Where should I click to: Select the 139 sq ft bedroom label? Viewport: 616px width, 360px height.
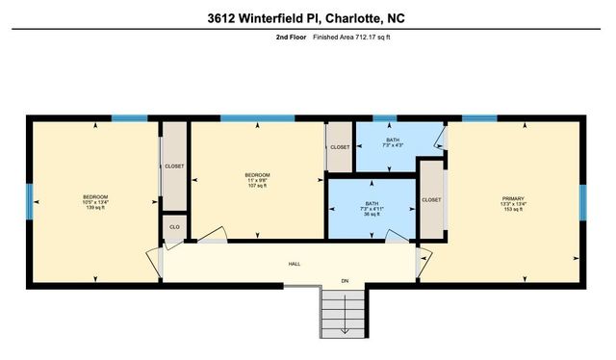95,202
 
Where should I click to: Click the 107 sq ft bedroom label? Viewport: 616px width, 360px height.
256,179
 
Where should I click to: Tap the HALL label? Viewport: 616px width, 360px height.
295,263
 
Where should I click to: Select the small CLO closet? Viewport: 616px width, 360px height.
174,227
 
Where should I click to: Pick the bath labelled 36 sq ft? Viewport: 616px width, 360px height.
371,209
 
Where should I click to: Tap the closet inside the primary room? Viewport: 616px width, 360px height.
431,199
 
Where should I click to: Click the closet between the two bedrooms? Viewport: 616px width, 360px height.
174,166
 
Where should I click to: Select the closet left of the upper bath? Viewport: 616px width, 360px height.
340,147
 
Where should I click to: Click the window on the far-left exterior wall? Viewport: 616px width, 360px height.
28,201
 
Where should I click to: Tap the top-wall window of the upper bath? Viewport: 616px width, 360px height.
385,118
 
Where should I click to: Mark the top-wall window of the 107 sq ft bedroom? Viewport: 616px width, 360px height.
257,118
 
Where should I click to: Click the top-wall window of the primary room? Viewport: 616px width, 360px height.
478,118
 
